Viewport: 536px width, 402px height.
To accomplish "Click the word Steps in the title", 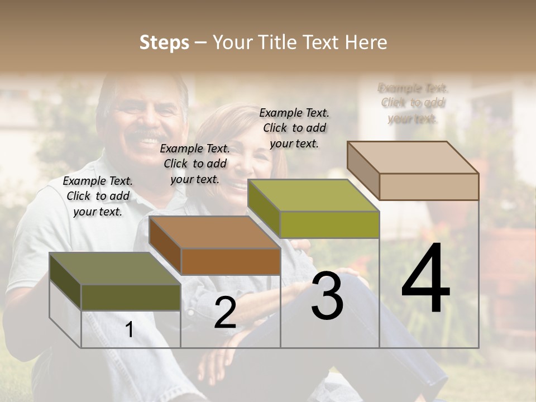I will pyautogui.click(x=164, y=42).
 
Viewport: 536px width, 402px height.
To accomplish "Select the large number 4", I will pyautogui.click(x=425, y=279).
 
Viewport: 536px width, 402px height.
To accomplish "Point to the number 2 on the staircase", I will pyautogui.click(x=225, y=313).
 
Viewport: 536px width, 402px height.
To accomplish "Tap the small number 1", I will pyautogui.click(x=130, y=330).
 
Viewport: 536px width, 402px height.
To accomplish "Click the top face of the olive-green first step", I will pyautogui.click(x=114, y=269).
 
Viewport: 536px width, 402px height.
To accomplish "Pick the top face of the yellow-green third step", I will pyautogui.click(x=313, y=195).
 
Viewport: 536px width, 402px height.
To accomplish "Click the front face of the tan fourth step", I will pyautogui.click(x=429, y=186).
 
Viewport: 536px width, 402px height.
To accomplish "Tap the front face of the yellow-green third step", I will pyautogui.click(x=329, y=224).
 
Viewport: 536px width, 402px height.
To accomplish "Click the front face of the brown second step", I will pyautogui.click(x=231, y=261).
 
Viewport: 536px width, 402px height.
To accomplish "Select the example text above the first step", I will pyautogui.click(x=98, y=196).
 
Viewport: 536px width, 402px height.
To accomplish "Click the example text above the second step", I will pyautogui.click(x=195, y=164).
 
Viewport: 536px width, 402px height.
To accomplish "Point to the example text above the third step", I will pyautogui.click(x=294, y=128).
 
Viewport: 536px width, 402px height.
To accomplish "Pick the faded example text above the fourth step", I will pyautogui.click(x=413, y=103).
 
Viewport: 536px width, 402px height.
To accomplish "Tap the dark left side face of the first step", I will pyautogui.click(x=65, y=281).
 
